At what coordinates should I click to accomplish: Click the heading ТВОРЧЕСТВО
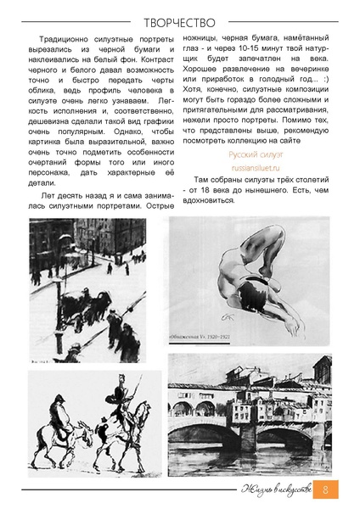[x=179, y=16]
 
